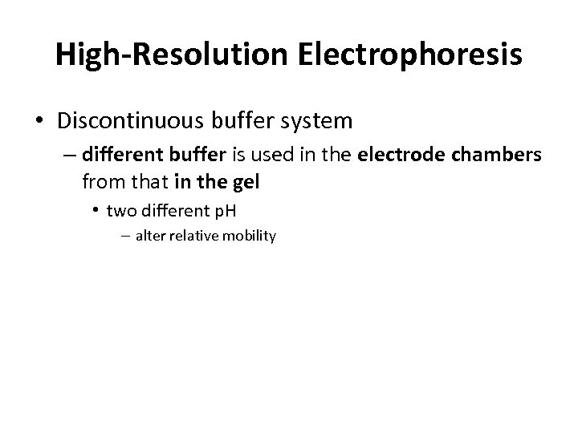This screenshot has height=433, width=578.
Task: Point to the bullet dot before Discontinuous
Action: point(39,122)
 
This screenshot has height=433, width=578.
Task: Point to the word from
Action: point(100,183)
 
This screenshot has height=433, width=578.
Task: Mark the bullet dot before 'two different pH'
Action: point(96,212)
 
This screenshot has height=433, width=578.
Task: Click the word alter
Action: point(149,237)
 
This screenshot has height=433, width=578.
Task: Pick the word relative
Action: point(193,237)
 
